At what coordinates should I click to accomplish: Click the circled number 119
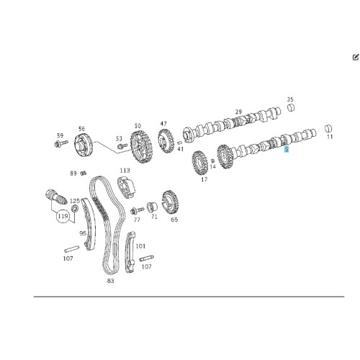[63, 216]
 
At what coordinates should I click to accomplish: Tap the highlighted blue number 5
[286, 150]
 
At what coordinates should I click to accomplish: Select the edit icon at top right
[356, 57]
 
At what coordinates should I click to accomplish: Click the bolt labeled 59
[61, 144]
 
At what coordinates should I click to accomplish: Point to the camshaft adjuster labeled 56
[84, 145]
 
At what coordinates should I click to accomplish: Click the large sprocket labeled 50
[141, 146]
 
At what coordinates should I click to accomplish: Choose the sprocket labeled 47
[166, 141]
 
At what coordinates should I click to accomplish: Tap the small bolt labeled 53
[122, 145]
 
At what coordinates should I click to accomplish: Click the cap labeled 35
[291, 108]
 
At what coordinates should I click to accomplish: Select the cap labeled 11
[328, 129]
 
